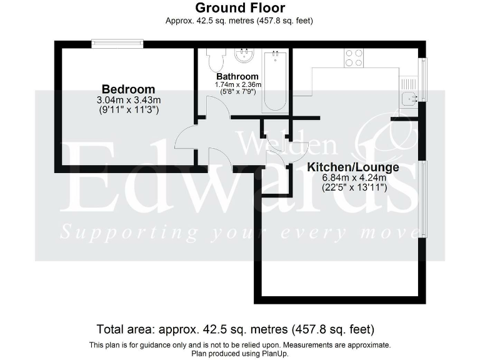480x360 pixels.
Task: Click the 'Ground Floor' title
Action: coord(240,8)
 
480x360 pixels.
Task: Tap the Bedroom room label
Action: coord(128,89)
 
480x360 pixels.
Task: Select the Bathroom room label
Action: coord(237,76)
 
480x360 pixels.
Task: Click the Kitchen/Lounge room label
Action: coord(353,167)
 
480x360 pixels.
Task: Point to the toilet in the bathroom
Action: coord(216,61)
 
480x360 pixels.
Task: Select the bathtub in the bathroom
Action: coord(276,81)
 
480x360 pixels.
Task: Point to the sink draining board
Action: coord(409,83)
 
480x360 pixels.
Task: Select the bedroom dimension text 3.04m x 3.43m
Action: coord(128,100)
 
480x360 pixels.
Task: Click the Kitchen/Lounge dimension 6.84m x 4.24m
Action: coord(353,178)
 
